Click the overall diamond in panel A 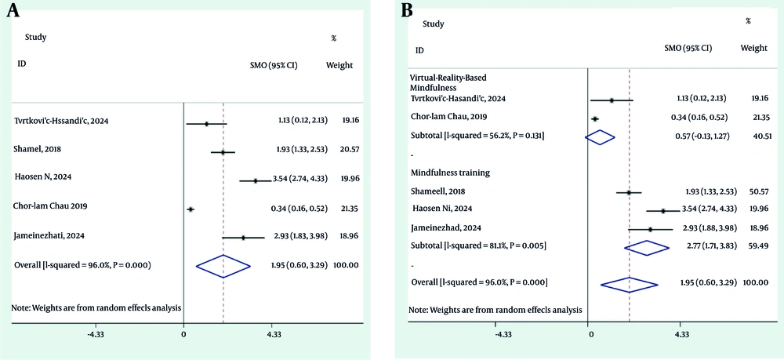(x=223, y=266)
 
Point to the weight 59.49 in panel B (x=754, y=246)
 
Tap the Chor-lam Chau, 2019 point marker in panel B (x=594, y=118)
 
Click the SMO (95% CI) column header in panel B (x=688, y=48)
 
